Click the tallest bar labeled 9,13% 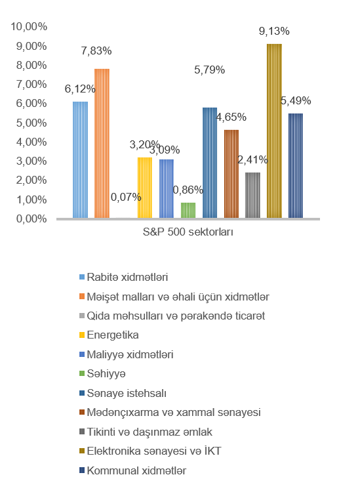pyautogui.click(x=274, y=131)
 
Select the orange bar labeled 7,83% pyautogui.click(x=102, y=143)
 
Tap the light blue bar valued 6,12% pyautogui.click(x=80, y=159)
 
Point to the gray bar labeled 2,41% pyautogui.click(x=252, y=196)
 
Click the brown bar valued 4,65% pyautogui.click(x=231, y=174)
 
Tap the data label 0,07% pyautogui.click(x=126, y=197)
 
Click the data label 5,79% pyautogui.click(x=210, y=70)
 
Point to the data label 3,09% pyautogui.click(x=165, y=150)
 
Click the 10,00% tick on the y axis pyautogui.click(x=29, y=26)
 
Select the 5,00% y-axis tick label pyautogui.click(x=31, y=123)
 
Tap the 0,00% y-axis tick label pyautogui.click(x=31, y=219)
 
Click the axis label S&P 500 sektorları pyautogui.click(x=188, y=232)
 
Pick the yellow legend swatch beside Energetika pyautogui.click(x=82, y=335)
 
